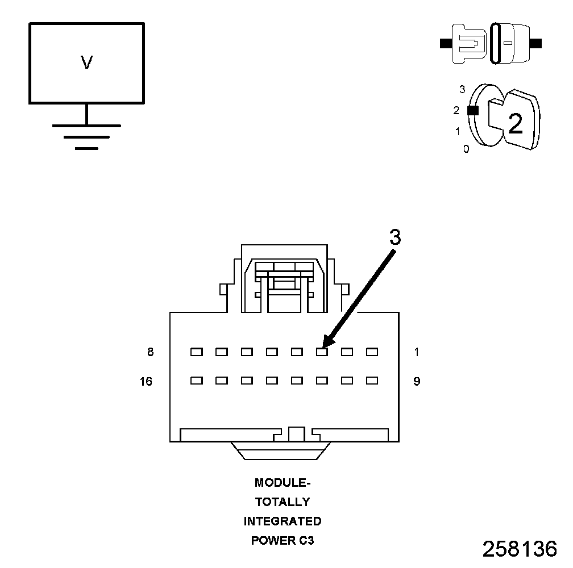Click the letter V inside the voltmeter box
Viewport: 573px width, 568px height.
pyautogui.click(x=86, y=62)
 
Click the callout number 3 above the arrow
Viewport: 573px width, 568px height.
pyautogui.click(x=395, y=238)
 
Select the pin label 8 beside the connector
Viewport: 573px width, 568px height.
pyautogui.click(x=150, y=352)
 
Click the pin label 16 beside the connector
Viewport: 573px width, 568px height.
pyautogui.click(x=146, y=382)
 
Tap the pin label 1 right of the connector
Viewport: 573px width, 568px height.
pyautogui.click(x=417, y=352)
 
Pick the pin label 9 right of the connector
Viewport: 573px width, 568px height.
pyautogui.click(x=417, y=382)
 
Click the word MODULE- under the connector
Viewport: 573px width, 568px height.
pyautogui.click(x=283, y=483)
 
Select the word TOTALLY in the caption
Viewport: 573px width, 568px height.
pyautogui.click(x=283, y=502)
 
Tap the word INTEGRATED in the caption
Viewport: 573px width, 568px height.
pyautogui.click(x=283, y=521)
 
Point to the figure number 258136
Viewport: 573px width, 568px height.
pyautogui.click(x=520, y=549)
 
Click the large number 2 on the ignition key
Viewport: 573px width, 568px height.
pyautogui.click(x=515, y=124)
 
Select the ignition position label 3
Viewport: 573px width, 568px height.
pyautogui.click(x=462, y=89)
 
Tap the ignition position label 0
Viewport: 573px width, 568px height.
pyautogui.click(x=466, y=149)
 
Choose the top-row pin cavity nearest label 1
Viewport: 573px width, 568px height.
pyautogui.click(x=372, y=352)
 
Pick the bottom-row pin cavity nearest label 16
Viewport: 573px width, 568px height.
pyautogui.click(x=197, y=381)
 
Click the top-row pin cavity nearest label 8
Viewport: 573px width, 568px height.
pyautogui.click(x=197, y=352)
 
